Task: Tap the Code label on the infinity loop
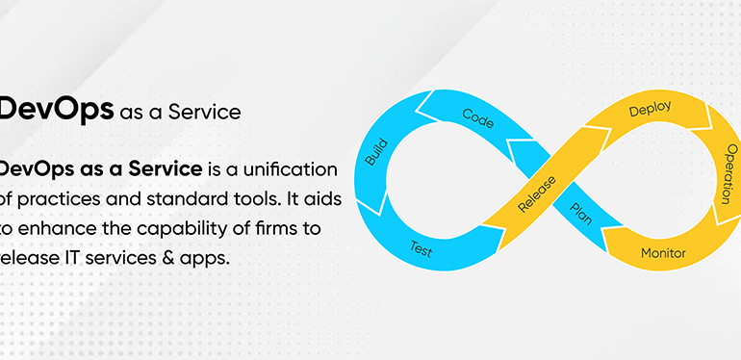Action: point(477,117)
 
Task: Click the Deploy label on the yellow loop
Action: point(650,110)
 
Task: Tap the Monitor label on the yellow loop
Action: point(663,253)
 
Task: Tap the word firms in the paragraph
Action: point(283,229)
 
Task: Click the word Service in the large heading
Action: point(204,112)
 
